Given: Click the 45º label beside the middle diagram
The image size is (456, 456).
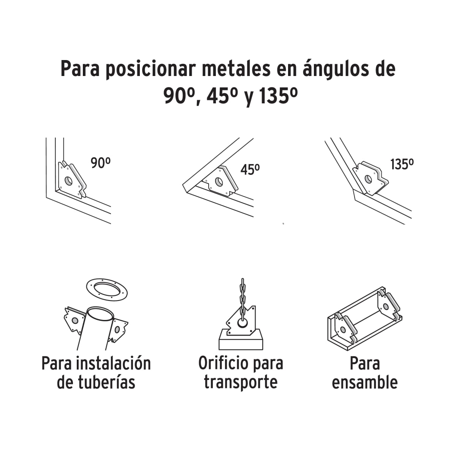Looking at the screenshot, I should pyautogui.click(x=250, y=169).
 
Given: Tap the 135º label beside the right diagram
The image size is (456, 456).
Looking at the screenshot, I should pyautogui.click(x=402, y=164).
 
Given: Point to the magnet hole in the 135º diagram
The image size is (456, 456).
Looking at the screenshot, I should pyautogui.click(x=368, y=179).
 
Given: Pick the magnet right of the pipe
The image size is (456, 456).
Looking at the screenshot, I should pyautogui.click(x=118, y=330).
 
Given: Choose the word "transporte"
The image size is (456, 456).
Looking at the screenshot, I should pyautogui.click(x=241, y=382).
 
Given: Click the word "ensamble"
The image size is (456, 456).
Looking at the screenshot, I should pyautogui.click(x=364, y=382).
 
